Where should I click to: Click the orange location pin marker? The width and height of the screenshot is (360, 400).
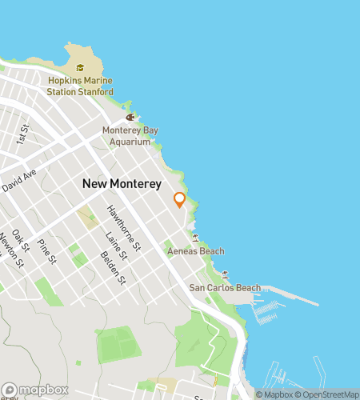click(180, 200)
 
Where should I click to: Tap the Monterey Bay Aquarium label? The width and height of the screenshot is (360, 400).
click(126, 136)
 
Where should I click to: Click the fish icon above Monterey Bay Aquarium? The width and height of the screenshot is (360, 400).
click(129, 118)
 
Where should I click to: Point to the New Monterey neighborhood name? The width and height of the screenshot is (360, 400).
click(122, 184)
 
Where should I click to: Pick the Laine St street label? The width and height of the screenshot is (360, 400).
click(111, 247)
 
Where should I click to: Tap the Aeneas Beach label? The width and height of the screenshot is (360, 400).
click(195, 251)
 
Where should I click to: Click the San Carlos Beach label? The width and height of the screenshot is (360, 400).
click(224, 287)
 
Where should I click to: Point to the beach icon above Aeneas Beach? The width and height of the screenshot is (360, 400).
click(195, 238)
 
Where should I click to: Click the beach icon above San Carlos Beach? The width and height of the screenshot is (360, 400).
click(225, 274)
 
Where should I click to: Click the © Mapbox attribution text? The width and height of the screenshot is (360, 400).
click(273, 394)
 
